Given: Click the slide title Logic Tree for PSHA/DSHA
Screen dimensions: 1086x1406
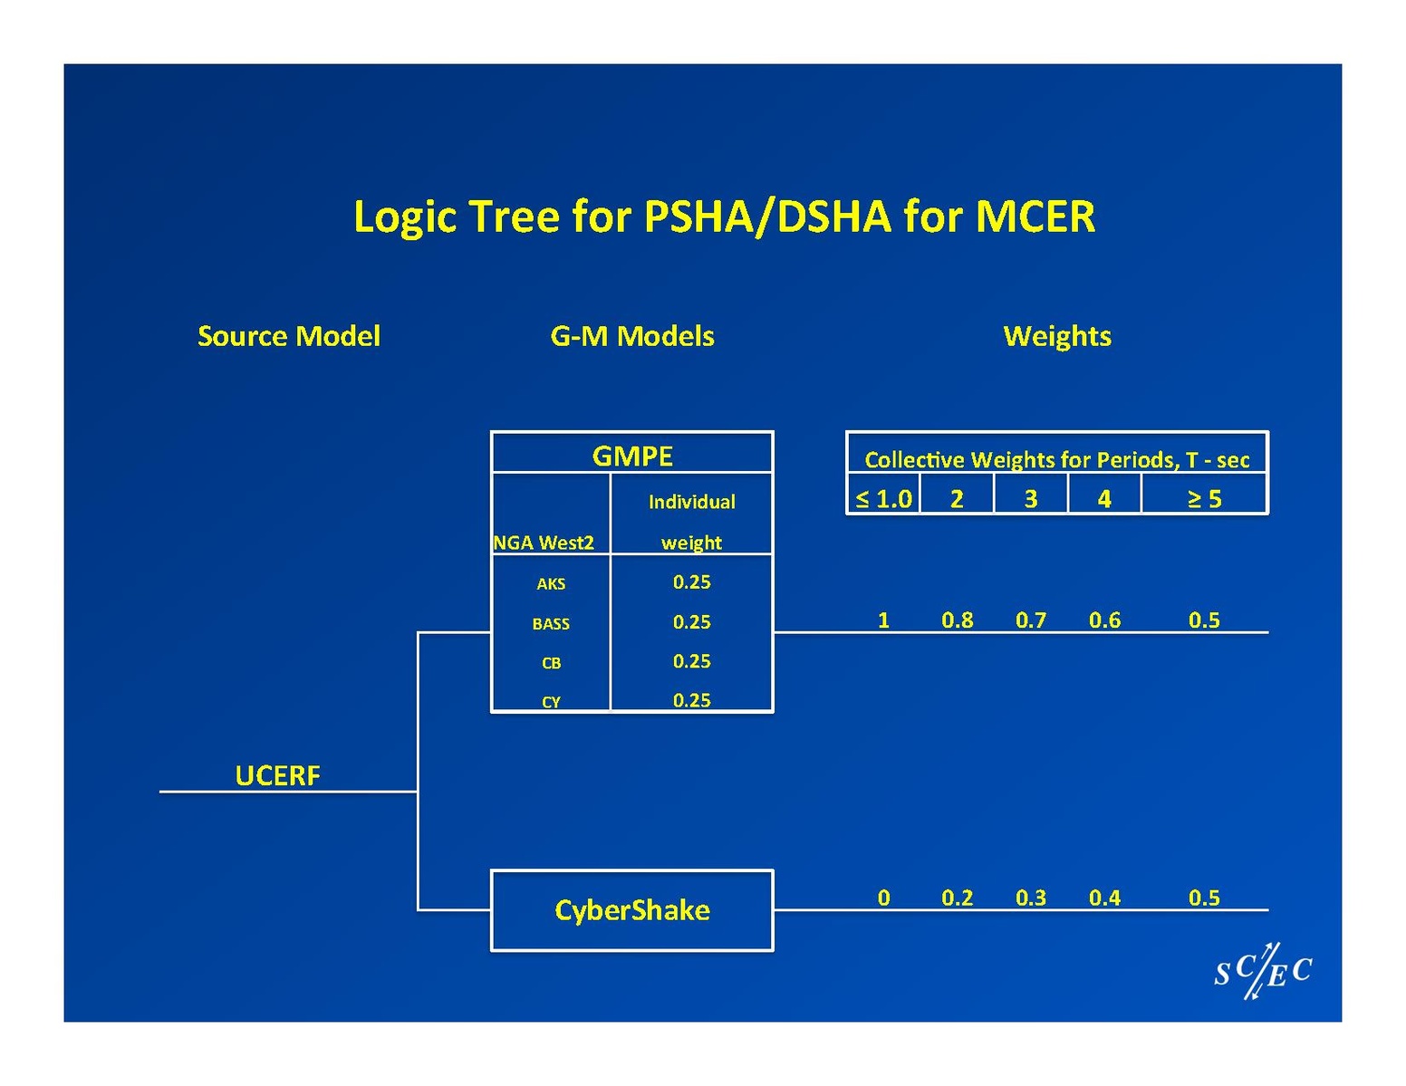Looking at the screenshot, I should pos(724,216).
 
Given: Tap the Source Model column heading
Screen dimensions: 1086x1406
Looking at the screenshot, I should pos(289,336).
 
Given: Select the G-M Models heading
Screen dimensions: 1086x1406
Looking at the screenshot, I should pos(632,336).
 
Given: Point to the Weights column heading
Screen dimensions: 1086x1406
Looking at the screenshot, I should pos(1057,336).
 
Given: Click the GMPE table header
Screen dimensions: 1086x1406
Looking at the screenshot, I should pos(632,455).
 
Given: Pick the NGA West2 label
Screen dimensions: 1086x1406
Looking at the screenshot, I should pos(544,543).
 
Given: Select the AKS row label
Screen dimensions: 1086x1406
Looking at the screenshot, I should pos(551,584).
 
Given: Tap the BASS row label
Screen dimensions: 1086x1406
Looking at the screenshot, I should pos(551,624).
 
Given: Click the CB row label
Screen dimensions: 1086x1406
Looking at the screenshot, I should pos(551,663).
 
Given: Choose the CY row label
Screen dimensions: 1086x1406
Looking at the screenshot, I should pos(551,702).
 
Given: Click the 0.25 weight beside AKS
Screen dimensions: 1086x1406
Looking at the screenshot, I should pos(691,582).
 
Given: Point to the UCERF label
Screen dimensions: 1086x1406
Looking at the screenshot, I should pos(277,775).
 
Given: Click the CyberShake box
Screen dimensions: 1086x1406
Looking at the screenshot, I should pos(632,910).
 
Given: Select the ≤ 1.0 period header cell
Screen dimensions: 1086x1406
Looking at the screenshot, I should pos(883,499).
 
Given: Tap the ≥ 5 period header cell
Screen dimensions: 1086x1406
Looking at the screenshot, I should pos(1204,499).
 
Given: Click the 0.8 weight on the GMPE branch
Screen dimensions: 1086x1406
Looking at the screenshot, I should pos(958,620).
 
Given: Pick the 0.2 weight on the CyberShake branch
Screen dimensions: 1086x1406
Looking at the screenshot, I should pos(958,898).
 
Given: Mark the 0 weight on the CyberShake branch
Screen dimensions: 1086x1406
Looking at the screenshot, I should pos(883,898).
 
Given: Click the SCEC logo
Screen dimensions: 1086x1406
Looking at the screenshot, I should pos(1263,972).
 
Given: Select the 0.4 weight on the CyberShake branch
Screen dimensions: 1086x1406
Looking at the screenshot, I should pos(1104,898).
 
